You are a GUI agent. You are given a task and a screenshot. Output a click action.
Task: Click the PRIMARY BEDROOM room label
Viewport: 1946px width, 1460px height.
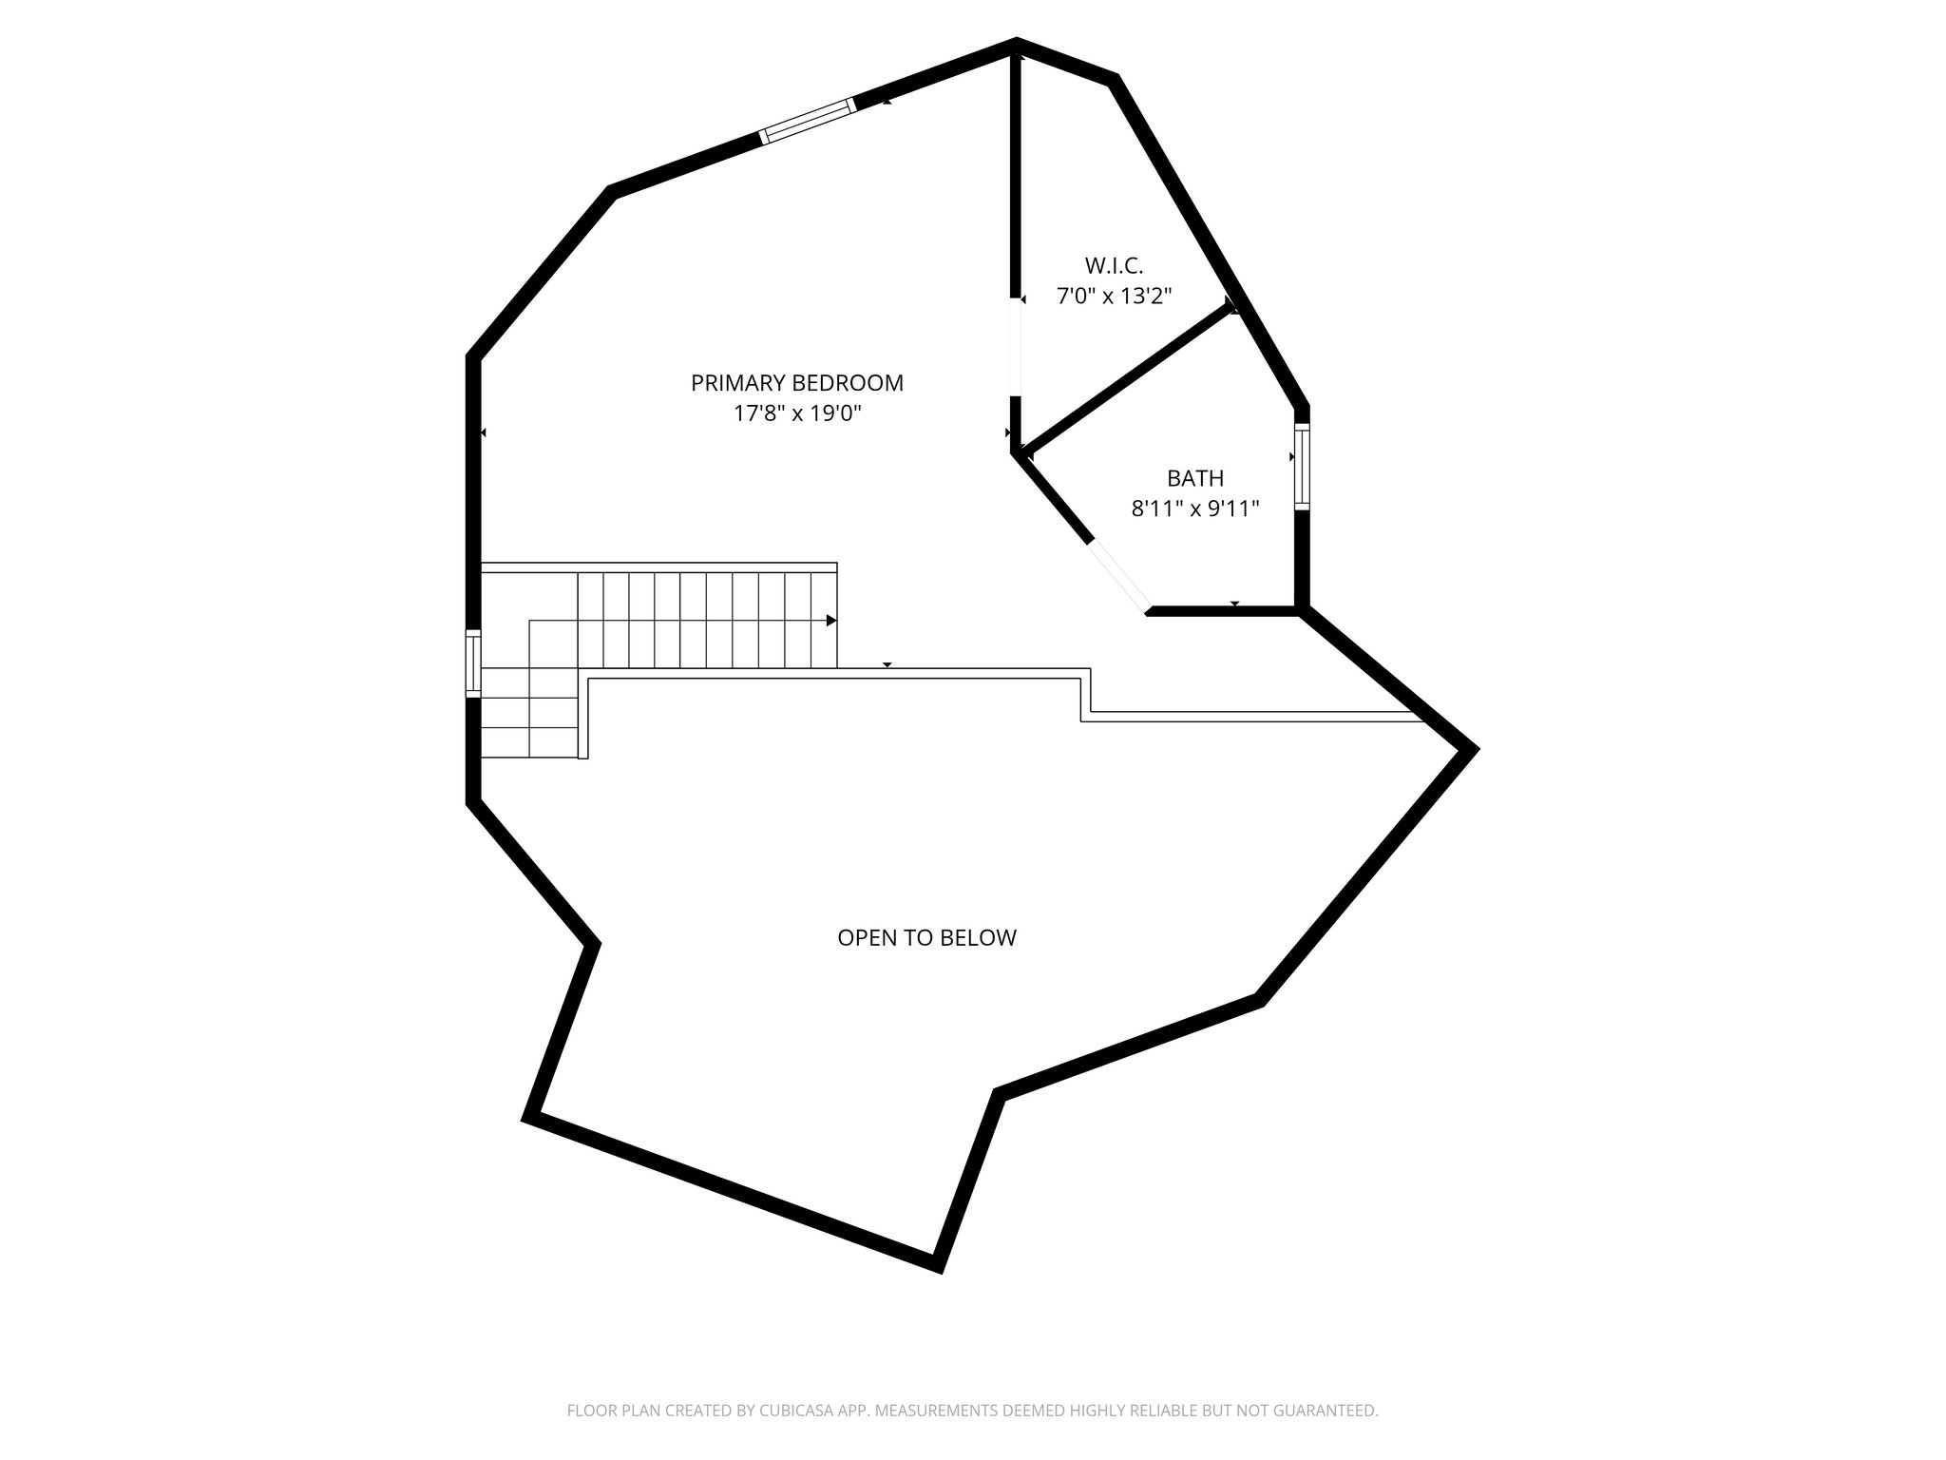(x=796, y=383)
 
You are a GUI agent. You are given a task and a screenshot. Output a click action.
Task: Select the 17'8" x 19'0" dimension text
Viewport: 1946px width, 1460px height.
(x=796, y=414)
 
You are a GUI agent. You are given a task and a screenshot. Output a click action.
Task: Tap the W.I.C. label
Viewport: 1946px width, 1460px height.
(x=1114, y=265)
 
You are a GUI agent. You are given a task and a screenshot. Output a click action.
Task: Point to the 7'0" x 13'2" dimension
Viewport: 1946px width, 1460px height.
(x=1114, y=297)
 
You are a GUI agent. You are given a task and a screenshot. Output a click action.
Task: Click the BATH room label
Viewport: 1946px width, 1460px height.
(x=1194, y=478)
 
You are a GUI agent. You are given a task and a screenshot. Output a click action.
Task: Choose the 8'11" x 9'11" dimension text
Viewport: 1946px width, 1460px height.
(x=1194, y=509)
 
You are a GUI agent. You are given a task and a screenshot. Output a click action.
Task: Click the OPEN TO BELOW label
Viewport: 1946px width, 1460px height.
(x=926, y=938)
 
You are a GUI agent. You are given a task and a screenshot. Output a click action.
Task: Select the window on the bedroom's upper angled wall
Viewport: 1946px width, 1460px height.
(x=808, y=123)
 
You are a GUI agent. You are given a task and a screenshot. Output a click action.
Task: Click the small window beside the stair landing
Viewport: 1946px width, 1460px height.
(x=472, y=663)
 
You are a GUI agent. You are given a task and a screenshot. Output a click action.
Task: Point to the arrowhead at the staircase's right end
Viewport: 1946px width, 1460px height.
(x=831, y=621)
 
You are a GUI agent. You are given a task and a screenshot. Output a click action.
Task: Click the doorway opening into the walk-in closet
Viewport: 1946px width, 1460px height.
(x=1016, y=347)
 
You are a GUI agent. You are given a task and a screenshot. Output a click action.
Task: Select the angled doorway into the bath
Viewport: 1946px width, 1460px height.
(x=1120, y=577)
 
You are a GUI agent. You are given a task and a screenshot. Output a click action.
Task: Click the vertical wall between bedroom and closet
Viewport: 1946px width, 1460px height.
(x=1016, y=171)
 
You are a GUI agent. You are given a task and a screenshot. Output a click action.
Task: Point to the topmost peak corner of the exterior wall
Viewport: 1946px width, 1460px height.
(x=1017, y=43)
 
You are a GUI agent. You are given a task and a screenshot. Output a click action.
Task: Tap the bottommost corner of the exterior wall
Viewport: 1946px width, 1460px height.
(x=938, y=1266)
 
